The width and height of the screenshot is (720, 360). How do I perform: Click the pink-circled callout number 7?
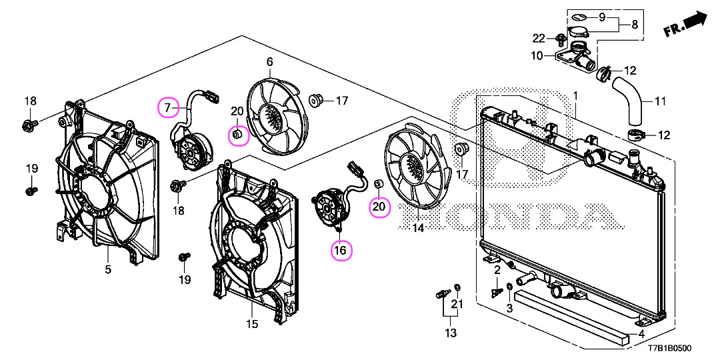[x=168, y=106]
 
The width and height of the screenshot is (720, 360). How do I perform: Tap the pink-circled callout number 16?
[x=340, y=251]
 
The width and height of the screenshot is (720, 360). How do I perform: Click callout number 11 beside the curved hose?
[x=660, y=102]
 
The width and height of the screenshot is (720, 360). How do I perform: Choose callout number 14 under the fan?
[x=418, y=228]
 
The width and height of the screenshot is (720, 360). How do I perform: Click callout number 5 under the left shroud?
[x=107, y=270]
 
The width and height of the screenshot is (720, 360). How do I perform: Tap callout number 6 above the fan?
[x=270, y=62]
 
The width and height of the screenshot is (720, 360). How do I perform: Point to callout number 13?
[x=451, y=333]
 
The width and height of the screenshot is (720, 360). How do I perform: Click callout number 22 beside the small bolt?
[x=539, y=37]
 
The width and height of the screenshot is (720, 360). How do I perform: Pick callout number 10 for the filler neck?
[x=537, y=57]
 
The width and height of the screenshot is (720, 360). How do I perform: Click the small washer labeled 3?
[x=509, y=288]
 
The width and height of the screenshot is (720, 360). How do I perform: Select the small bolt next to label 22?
[x=561, y=37]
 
